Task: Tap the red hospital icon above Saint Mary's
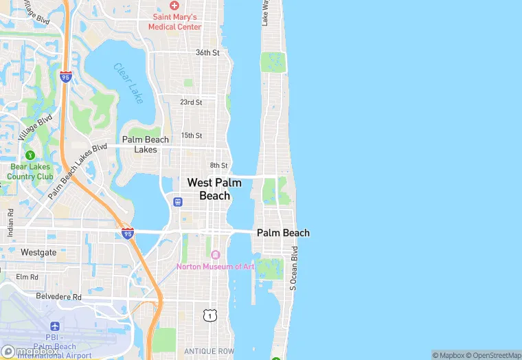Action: (x=174, y=5)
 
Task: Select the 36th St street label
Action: (x=207, y=52)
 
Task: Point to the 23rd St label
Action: (x=191, y=102)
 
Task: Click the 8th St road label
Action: (x=218, y=166)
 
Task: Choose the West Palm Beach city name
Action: (x=214, y=189)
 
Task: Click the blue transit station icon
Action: (x=177, y=202)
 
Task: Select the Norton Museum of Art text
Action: (x=215, y=267)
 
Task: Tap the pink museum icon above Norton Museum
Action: (x=215, y=255)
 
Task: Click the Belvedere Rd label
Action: (x=58, y=297)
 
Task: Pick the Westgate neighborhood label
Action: (x=38, y=252)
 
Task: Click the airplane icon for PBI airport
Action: (x=55, y=326)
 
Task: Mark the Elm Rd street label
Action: (x=27, y=277)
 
